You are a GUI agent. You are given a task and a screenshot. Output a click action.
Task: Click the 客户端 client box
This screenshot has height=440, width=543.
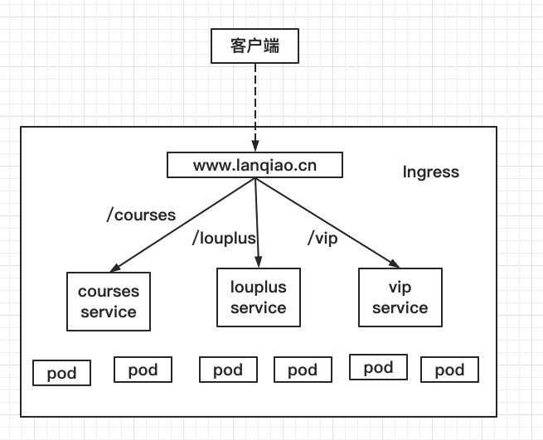(255, 46)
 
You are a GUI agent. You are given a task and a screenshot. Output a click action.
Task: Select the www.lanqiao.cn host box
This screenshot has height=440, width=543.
(255, 165)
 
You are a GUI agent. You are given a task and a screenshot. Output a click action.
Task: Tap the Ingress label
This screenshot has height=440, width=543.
(430, 172)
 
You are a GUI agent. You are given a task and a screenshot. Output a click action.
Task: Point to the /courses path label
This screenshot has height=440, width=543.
(142, 215)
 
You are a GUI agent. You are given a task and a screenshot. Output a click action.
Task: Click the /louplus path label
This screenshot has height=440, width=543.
(223, 239)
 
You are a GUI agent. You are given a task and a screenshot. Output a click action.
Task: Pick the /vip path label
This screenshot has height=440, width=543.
(323, 239)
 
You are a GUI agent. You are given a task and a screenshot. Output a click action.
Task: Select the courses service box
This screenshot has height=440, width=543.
(109, 302)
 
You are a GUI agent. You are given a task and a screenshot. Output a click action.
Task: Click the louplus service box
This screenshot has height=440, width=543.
(258, 297)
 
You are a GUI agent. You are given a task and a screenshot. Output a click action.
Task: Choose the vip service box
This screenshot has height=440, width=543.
(400, 297)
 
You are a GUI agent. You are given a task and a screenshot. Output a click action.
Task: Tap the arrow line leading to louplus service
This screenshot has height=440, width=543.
(256, 220)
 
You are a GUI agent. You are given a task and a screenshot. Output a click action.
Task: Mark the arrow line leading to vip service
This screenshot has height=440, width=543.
(323, 220)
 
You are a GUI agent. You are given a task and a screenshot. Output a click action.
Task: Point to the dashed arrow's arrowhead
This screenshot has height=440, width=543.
(255, 147)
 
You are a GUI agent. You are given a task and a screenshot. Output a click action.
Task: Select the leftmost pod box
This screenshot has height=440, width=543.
(61, 373)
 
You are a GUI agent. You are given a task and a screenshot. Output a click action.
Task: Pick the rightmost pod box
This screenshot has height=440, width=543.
(449, 370)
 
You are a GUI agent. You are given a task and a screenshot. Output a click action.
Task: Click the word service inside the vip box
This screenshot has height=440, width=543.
(400, 308)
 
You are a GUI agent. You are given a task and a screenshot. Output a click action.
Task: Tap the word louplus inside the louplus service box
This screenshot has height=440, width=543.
(258, 288)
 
